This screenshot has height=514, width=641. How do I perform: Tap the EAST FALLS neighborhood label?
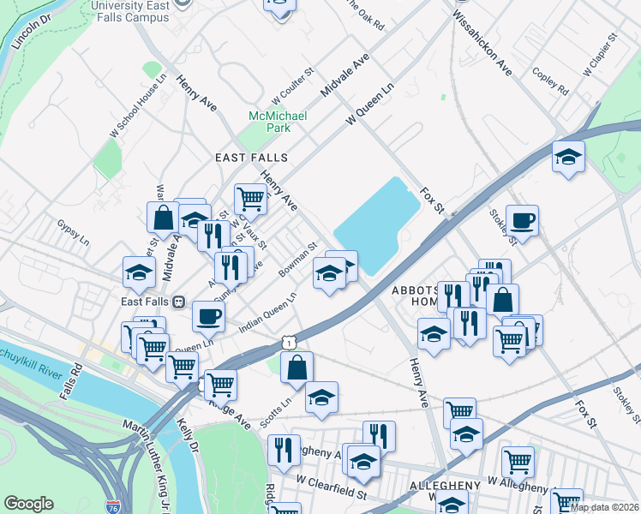[x=251, y=158]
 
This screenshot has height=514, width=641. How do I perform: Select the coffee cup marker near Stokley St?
[x=522, y=221]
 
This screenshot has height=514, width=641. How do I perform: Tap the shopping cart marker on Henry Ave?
[x=250, y=199]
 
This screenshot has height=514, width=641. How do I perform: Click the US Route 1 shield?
[x=291, y=342]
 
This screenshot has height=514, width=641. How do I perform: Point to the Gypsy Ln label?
[x=73, y=236]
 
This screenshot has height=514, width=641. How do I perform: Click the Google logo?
[x=28, y=504]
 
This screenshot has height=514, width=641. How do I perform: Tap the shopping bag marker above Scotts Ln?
[x=297, y=368]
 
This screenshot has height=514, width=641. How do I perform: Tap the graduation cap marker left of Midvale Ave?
[x=138, y=272]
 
